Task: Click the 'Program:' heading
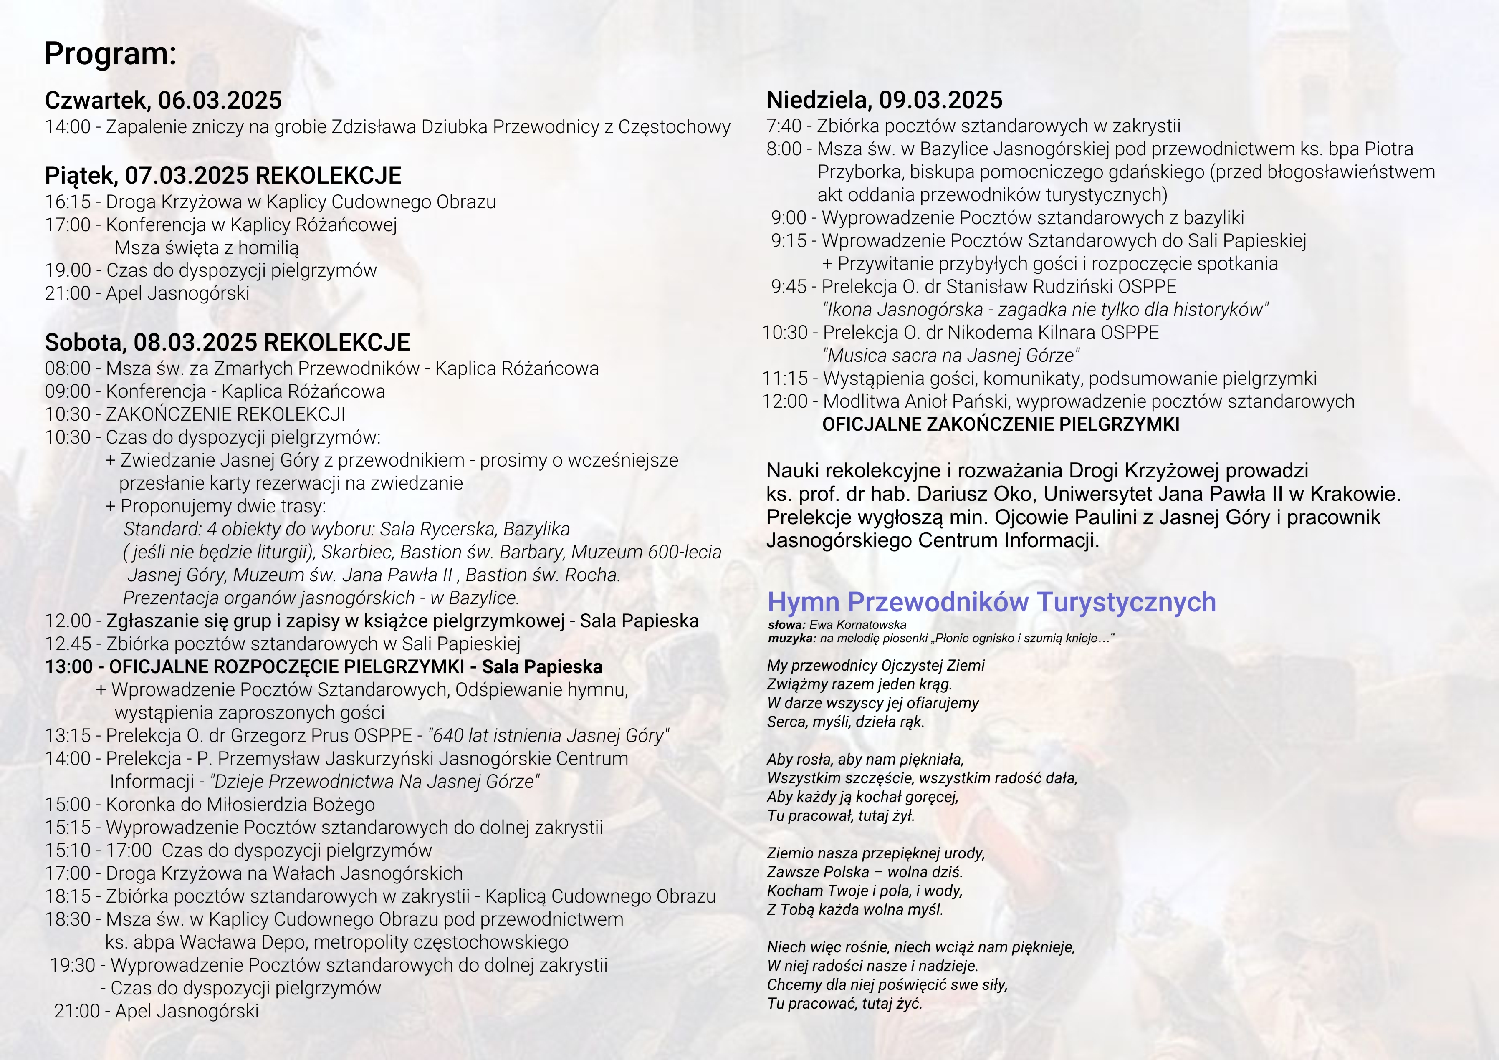[x=110, y=53]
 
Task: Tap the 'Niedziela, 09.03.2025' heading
[x=884, y=100]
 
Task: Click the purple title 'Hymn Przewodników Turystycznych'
[x=991, y=602]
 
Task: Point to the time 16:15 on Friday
[x=68, y=202]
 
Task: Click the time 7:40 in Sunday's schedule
[x=784, y=126]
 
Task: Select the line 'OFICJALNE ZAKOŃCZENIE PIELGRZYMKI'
[x=1000, y=424]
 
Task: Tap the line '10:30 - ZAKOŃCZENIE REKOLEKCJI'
[x=195, y=414]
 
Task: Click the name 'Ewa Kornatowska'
[x=857, y=625]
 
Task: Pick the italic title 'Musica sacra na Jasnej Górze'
[x=951, y=356]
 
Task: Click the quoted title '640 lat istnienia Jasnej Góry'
[x=549, y=736]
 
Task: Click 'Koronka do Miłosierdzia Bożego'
[x=240, y=804]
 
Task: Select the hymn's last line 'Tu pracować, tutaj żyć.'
[x=844, y=1003]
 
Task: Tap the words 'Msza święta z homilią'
[x=206, y=248]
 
